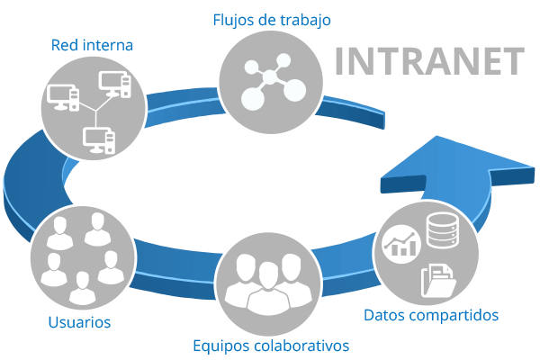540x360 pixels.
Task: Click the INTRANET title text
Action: tap(428, 60)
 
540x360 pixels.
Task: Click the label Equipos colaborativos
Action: tap(271, 345)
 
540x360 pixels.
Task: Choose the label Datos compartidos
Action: tap(431, 315)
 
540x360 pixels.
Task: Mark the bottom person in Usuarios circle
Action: tap(82, 287)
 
